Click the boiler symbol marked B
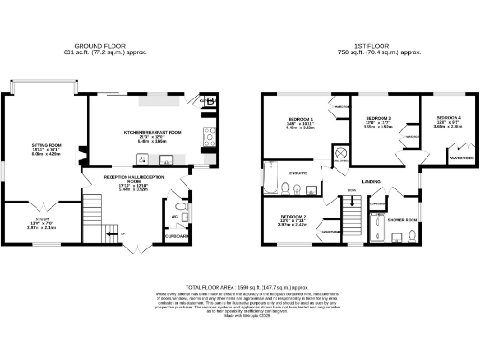click(x=210, y=101)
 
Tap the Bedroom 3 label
click(x=377, y=120)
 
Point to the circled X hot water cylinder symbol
click(x=340, y=153)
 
